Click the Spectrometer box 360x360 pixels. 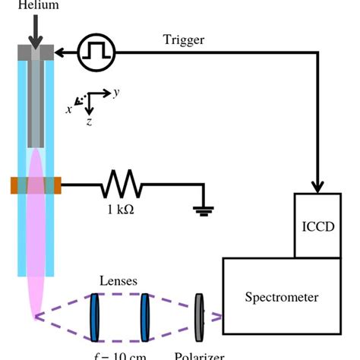coord(281,296)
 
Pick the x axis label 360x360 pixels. coord(68,109)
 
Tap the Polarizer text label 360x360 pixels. coord(200,355)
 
